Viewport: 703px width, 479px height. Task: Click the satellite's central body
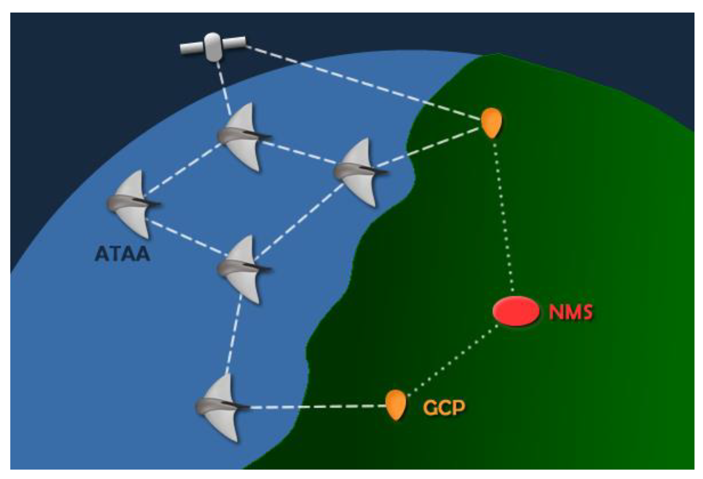[x=213, y=46]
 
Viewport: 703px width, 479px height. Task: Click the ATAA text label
[x=122, y=254]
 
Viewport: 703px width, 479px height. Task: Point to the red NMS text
[x=571, y=312]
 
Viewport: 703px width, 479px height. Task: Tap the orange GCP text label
[x=444, y=408]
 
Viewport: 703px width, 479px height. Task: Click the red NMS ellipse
[x=516, y=311]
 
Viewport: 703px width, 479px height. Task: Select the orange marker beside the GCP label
[x=396, y=404]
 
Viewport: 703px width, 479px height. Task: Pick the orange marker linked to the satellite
[x=491, y=122]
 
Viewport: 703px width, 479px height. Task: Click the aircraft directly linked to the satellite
[x=242, y=136]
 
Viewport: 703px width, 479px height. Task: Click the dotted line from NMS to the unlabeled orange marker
[x=503, y=215]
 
